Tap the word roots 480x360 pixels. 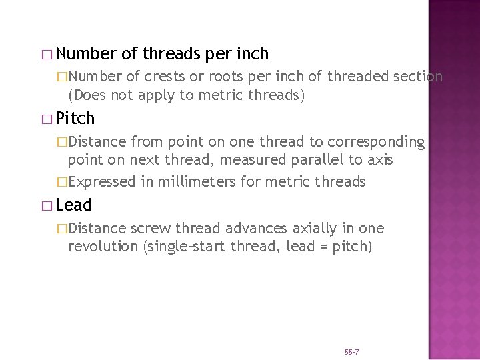click(x=227, y=77)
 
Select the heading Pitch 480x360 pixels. click(x=75, y=119)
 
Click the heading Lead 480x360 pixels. click(x=74, y=205)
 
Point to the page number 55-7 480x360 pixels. click(x=352, y=351)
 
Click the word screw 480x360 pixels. click(x=150, y=229)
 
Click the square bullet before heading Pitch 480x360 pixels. click(x=45, y=119)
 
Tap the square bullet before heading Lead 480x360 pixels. click(x=45, y=206)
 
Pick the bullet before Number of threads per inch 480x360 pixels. click(x=45, y=54)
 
